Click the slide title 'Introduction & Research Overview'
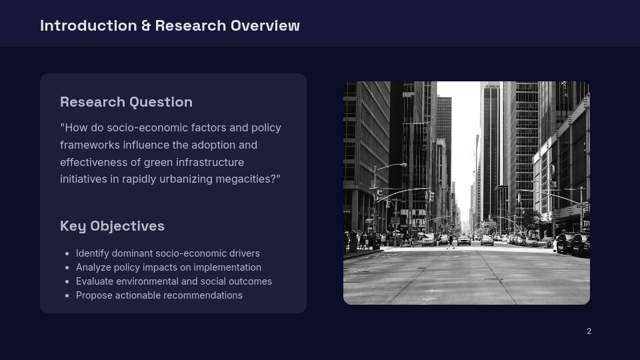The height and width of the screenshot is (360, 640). click(169, 25)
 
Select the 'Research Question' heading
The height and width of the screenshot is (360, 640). click(126, 102)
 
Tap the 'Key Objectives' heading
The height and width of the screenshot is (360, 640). click(112, 226)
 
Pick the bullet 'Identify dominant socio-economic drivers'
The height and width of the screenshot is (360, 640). click(167, 253)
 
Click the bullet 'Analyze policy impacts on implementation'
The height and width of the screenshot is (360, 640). click(168, 267)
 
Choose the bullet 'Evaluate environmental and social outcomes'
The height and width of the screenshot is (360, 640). click(173, 281)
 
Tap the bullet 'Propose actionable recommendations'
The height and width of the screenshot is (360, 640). click(159, 295)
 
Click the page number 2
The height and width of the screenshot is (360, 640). click(589, 331)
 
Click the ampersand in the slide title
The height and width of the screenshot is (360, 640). click(146, 25)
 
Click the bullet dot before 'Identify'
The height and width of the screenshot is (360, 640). click(67, 254)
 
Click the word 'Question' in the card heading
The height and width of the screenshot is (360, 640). click(161, 102)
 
